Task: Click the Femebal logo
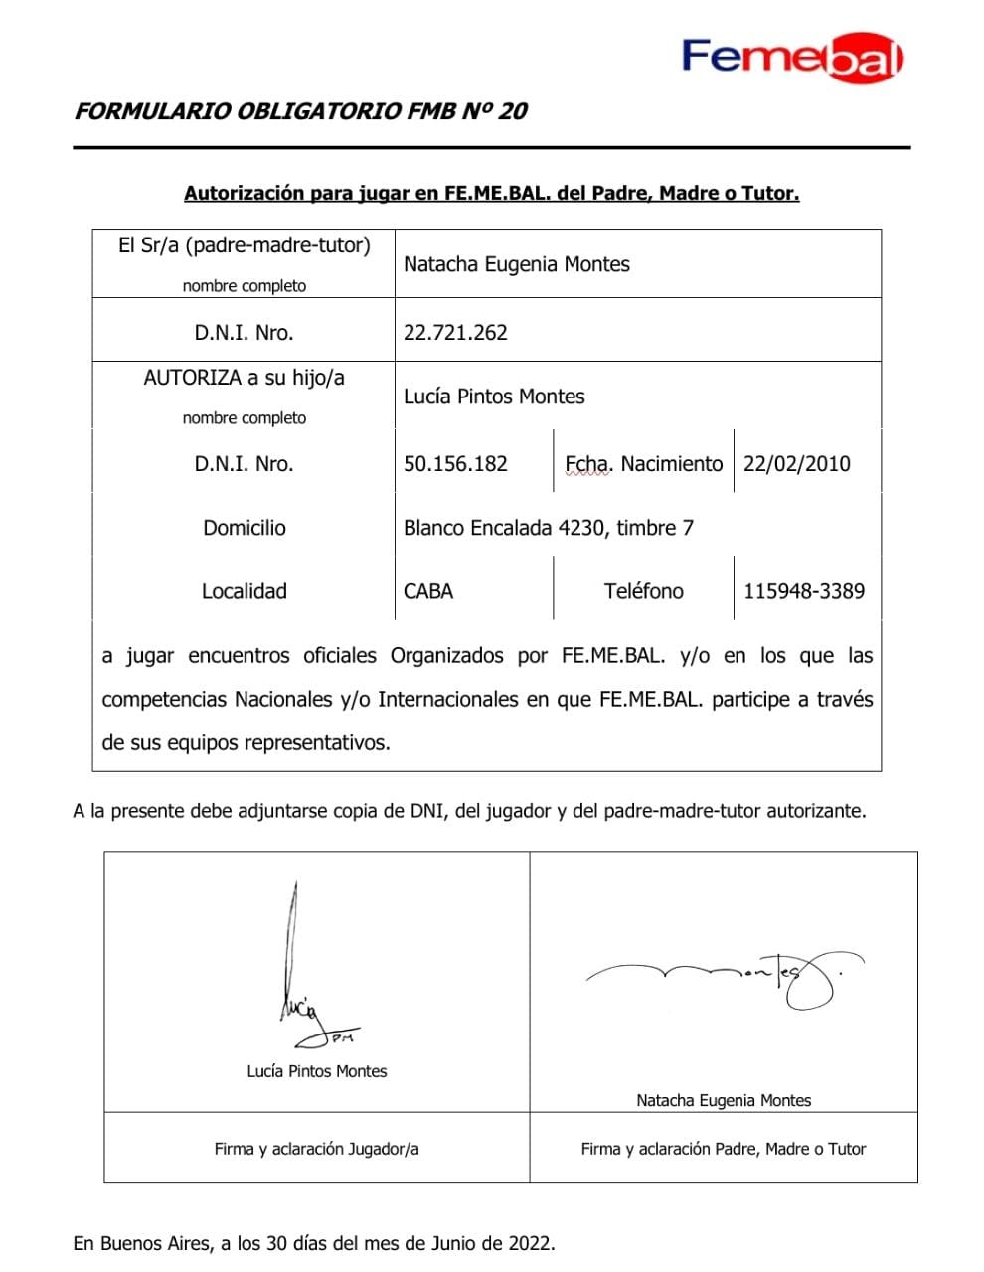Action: click(792, 58)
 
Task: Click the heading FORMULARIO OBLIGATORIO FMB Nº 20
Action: click(300, 111)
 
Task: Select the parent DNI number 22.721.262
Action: click(455, 333)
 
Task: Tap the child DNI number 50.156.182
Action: click(455, 464)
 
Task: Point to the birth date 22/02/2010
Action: click(796, 464)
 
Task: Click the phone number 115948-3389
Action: click(804, 591)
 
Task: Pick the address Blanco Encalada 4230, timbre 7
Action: click(549, 528)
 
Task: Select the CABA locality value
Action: click(428, 591)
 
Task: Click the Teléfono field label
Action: click(643, 591)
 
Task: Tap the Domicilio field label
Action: click(245, 528)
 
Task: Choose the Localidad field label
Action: click(245, 591)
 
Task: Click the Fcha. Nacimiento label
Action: click(643, 464)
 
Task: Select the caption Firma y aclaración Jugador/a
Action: click(316, 1149)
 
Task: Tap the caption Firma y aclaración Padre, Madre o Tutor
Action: click(724, 1149)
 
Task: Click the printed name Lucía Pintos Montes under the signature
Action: click(317, 1071)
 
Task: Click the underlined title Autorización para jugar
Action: click(491, 194)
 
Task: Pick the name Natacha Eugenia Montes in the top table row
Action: click(517, 264)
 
